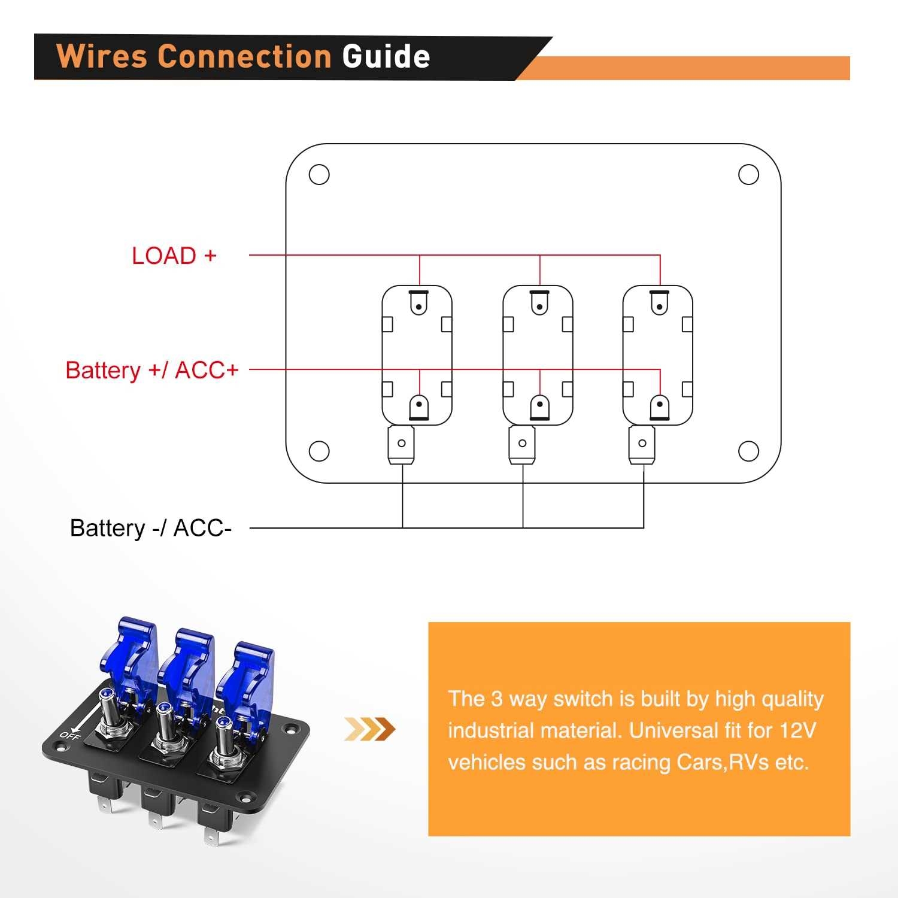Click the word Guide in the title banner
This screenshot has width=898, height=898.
point(386,57)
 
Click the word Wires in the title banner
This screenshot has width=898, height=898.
point(102,57)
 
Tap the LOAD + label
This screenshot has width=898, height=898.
point(174,256)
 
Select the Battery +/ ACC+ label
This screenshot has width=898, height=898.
point(152,370)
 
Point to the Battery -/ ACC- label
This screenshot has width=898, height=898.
point(150,528)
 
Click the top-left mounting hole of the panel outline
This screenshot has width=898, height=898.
point(319,175)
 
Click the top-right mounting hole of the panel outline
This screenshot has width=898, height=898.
point(748,175)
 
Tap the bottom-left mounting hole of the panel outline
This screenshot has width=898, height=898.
point(319,451)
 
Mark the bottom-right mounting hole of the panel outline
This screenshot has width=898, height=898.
point(748,451)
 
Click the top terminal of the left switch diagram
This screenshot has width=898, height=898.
point(419,303)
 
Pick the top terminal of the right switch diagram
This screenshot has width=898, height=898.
point(660,303)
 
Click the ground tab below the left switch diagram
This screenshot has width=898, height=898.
point(402,445)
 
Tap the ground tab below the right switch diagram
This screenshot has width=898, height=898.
point(642,445)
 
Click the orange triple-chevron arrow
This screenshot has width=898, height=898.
point(370,729)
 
